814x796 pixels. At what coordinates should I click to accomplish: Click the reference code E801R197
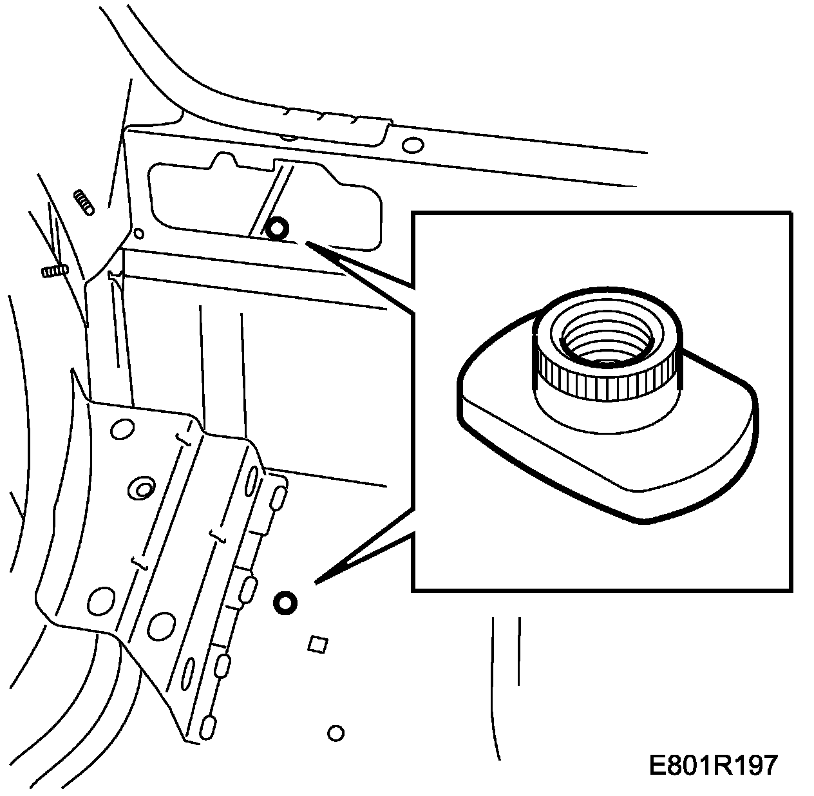click(x=714, y=766)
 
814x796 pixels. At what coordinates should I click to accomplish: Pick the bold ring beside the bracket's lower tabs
click(x=285, y=603)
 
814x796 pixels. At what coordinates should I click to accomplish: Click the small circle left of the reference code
click(x=336, y=733)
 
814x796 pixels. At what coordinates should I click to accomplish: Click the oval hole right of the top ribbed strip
click(x=413, y=144)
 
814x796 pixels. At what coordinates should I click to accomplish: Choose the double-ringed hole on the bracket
click(x=141, y=488)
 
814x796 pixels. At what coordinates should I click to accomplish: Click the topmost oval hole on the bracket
click(x=121, y=429)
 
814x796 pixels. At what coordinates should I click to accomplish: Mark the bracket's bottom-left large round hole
click(x=100, y=602)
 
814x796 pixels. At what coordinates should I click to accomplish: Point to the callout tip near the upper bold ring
click(x=308, y=243)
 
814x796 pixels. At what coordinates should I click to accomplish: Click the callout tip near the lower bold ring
click(x=316, y=583)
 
